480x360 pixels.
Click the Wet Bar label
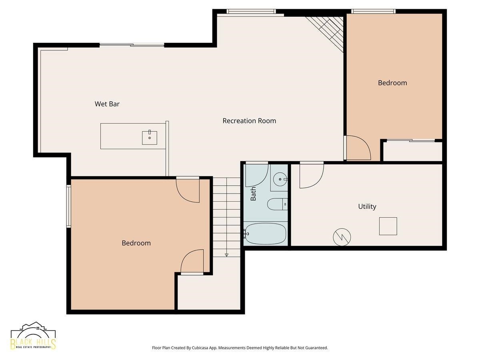(x=107, y=104)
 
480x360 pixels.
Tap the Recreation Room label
(x=249, y=121)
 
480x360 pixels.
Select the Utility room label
(x=367, y=206)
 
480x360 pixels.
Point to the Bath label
(x=253, y=194)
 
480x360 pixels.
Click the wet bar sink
(x=150, y=138)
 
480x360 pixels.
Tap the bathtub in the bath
(x=265, y=234)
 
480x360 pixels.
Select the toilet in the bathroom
(x=277, y=204)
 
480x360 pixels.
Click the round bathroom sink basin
(x=280, y=179)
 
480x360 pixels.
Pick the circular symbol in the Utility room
(x=342, y=237)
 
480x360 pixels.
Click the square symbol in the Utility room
(x=388, y=226)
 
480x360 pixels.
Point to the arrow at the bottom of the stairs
(x=226, y=255)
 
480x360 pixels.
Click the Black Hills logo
(x=33, y=338)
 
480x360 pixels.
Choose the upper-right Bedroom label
(x=392, y=83)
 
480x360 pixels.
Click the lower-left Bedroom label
(x=136, y=243)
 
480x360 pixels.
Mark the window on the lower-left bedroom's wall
(x=68, y=206)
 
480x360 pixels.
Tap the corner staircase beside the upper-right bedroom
(x=326, y=33)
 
